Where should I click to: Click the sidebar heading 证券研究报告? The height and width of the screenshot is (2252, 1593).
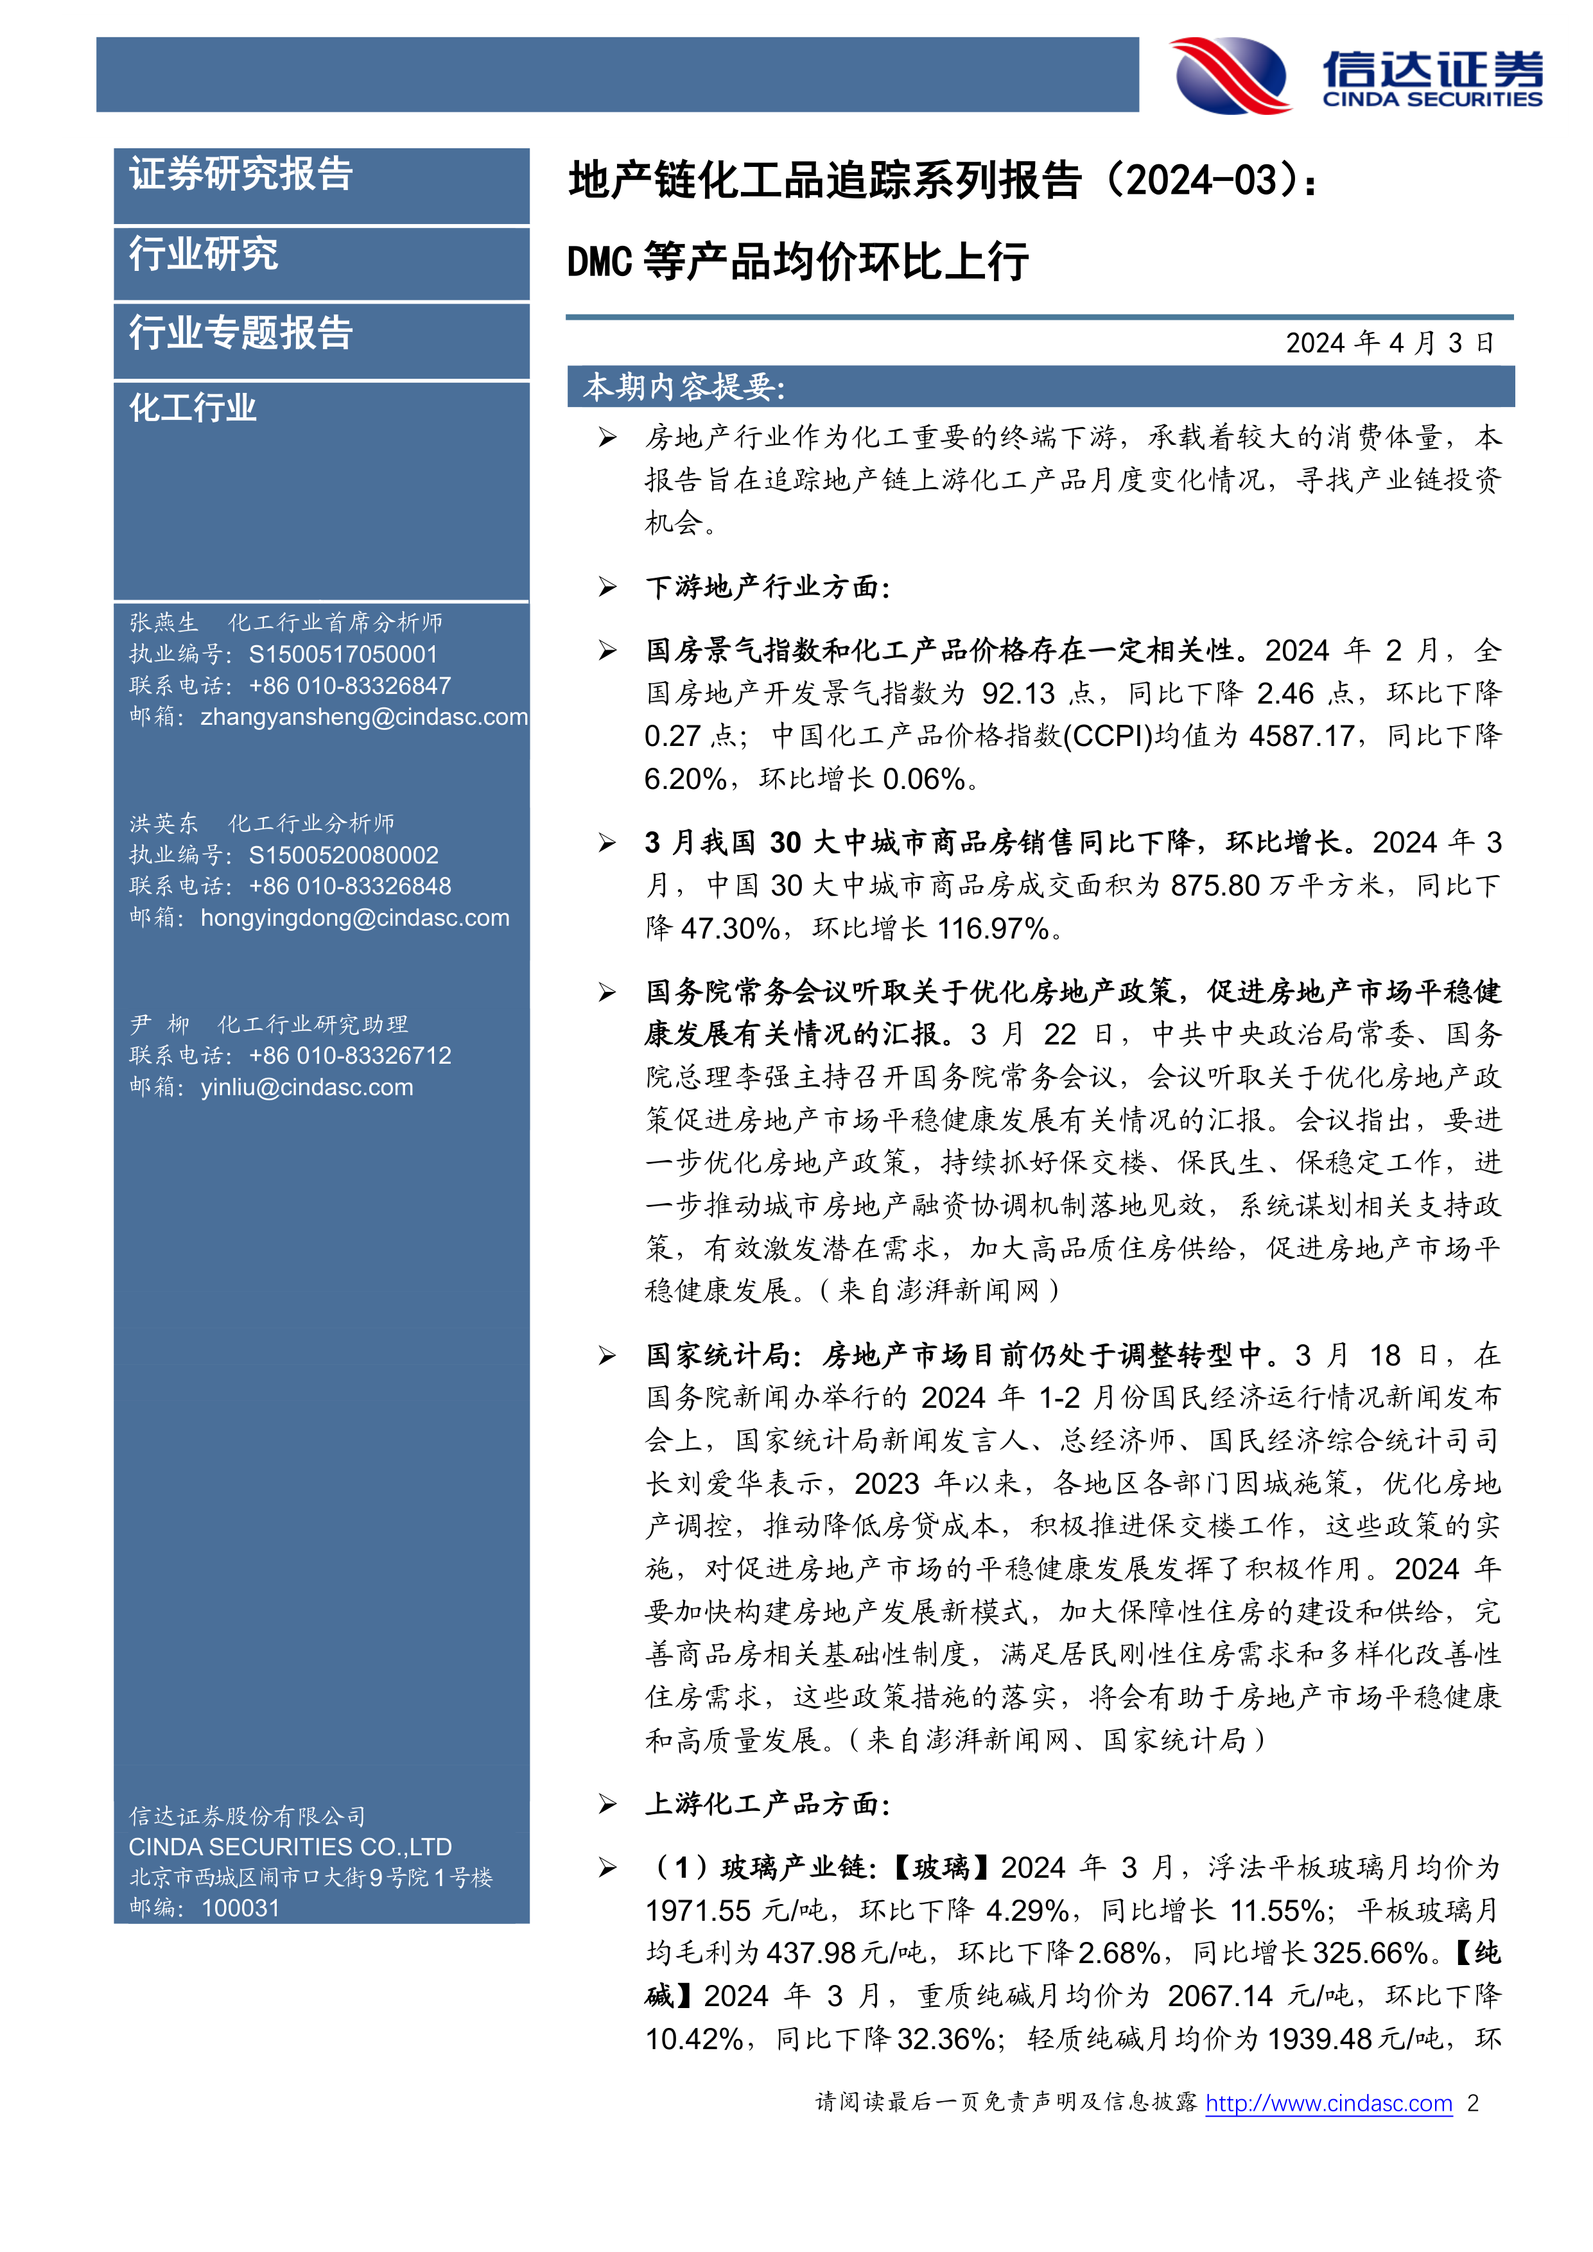241,175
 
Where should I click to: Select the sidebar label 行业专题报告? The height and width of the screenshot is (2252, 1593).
241,333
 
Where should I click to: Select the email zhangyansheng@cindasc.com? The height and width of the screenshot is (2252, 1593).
364,717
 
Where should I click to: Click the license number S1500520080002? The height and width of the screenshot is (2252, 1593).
344,855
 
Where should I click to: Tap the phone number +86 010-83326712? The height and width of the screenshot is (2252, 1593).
350,1055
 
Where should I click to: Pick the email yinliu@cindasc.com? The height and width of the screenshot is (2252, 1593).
307,1087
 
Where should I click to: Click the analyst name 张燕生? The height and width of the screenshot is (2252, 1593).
164,623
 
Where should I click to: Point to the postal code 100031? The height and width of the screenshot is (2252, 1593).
240,1908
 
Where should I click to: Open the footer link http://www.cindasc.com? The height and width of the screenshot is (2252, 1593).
1328,2103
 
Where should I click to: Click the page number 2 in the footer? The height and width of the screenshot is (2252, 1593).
1472,2103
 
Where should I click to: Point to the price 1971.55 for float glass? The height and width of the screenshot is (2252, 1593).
697,1910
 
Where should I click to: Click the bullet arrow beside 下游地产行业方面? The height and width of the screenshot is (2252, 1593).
608,587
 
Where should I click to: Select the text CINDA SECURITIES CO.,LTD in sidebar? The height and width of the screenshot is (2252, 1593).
290,1847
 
